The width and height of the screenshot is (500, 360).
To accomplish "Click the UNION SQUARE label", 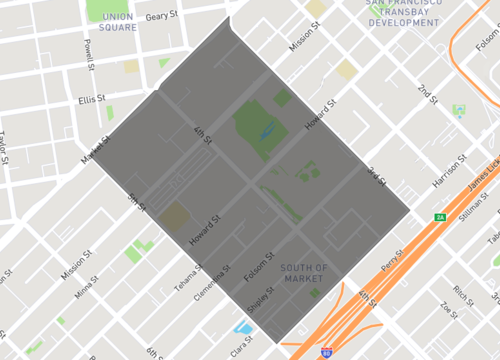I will coord(117,22).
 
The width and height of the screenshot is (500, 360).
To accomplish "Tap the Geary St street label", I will coord(161,17).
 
